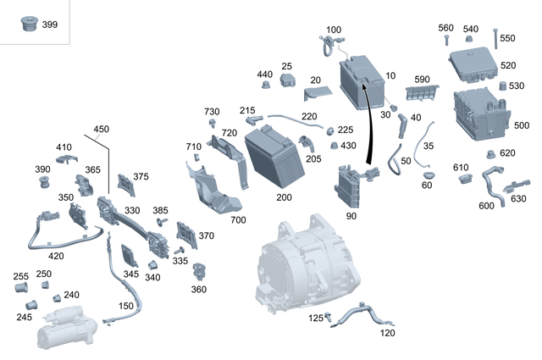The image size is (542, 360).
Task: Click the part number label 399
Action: [50, 25]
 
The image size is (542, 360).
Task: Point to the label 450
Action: [102, 130]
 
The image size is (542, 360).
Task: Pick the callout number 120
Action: [388, 333]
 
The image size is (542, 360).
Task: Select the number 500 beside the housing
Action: [522, 125]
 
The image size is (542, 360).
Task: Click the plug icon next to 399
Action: [27, 25]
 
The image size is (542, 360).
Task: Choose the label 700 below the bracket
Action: [237, 219]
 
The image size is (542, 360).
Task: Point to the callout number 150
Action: [125, 306]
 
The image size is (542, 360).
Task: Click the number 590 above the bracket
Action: [423, 79]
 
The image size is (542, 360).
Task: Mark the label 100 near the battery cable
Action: [334, 30]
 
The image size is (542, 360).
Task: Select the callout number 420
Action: [56, 256]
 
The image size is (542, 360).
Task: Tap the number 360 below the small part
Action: [198, 289]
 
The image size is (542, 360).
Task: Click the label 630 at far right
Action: [518, 199]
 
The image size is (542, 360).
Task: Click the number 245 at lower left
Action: [24, 318]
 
